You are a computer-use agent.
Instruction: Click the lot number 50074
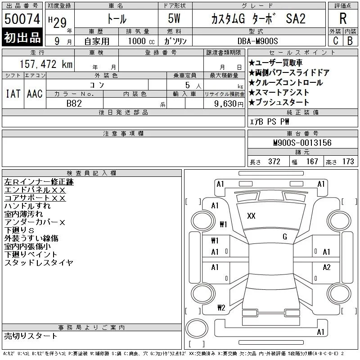(x=22, y=19)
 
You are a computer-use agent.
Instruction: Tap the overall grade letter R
(x=343, y=18)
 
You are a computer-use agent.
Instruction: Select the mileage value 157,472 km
(x=46, y=64)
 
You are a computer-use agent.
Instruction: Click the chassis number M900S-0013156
(x=302, y=143)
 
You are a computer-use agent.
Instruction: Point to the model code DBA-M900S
(x=257, y=41)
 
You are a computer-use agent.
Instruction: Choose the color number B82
(x=74, y=103)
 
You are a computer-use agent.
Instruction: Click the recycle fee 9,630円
(x=229, y=104)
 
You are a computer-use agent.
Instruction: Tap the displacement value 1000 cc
(x=141, y=41)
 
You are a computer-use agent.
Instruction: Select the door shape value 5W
(x=174, y=18)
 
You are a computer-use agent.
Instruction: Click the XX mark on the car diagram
(x=251, y=216)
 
